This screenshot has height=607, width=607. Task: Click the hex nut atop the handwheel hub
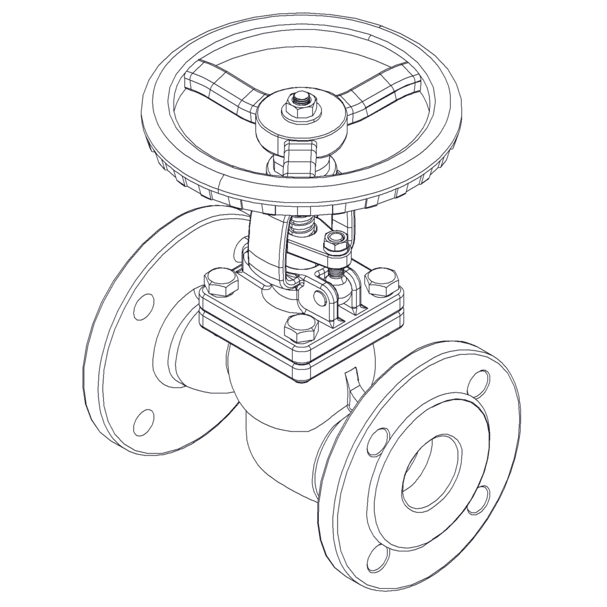pos(301,106)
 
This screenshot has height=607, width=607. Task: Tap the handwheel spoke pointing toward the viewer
pos(299,157)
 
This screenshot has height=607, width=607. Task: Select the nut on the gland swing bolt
pos(335,244)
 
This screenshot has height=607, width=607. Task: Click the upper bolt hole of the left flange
pos(143,308)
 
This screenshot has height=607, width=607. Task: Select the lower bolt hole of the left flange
pos(143,421)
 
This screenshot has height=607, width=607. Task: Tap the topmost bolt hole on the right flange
pos(479,384)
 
